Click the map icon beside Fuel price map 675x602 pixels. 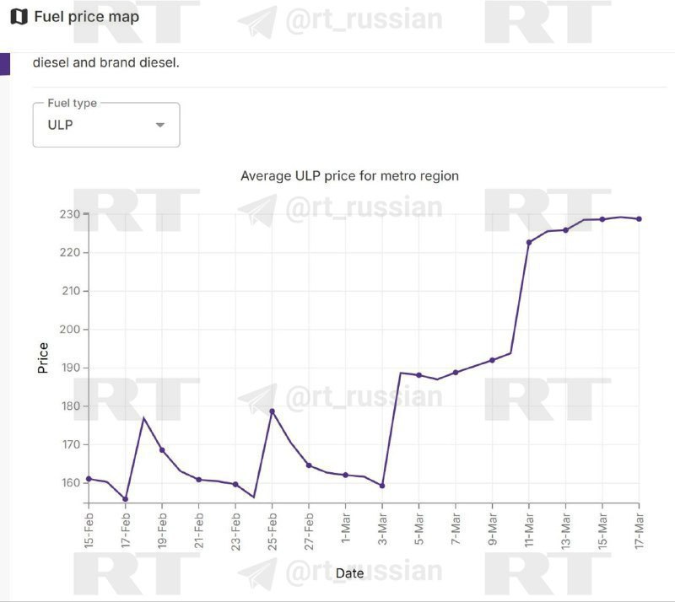click(18, 17)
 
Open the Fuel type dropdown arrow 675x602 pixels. click(160, 126)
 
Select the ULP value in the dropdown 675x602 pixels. click(61, 126)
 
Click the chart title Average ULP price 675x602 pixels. click(349, 175)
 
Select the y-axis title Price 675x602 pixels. click(43, 358)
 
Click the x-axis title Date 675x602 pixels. click(349, 573)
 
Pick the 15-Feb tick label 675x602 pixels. click(89, 529)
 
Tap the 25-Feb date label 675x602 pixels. click(273, 529)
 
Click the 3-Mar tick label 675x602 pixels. click(382, 529)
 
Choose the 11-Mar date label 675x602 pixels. click(529, 529)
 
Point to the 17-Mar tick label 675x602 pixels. click(639, 529)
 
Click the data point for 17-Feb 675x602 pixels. click(126, 499)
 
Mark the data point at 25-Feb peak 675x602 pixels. click(272, 411)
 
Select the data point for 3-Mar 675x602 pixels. click(382, 486)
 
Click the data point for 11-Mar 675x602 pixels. click(529, 243)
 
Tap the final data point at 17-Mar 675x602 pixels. click(639, 219)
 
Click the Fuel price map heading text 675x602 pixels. click(87, 17)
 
